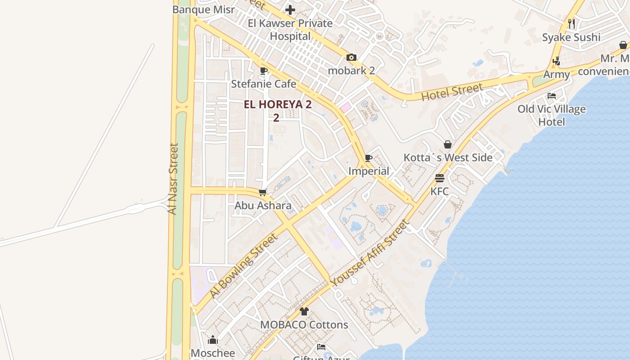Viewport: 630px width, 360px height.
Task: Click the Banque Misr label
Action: click(x=203, y=9)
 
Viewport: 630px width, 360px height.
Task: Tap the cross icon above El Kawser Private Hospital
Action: click(x=290, y=9)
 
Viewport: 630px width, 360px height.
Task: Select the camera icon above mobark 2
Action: click(x=351, y=57)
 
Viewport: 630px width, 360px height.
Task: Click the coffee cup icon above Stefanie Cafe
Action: click(x=264, y=71)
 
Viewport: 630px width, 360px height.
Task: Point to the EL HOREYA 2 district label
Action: click(x=277, y=105)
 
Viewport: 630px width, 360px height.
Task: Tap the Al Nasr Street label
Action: click(x=173, y=179)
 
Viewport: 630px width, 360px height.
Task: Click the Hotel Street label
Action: click(x=452, y=92)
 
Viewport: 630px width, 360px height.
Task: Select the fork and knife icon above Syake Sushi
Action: click(x=571, y=24)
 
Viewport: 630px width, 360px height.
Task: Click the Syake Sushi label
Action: click(x=571, y=37)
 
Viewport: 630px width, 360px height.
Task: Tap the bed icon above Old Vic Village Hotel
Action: click(x=552, y=96)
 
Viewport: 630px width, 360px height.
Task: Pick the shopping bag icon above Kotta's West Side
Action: click(x=448, y=144)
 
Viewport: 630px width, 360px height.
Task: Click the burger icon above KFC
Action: click(x=440, y=178)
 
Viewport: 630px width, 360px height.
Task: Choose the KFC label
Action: click(x=440, y=191)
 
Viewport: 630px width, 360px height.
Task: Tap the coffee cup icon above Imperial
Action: click(x=369, y=158)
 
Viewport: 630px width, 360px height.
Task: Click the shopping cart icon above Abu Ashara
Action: click(x=263, y=193)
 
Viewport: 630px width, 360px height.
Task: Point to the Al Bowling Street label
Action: click(x=243, y=265)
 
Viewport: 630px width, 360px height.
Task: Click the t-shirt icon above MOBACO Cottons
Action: click(x=304, y=311)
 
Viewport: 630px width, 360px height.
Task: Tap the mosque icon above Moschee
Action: click(x=213, y=340)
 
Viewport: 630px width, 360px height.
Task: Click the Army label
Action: click(x=557, y=74)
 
